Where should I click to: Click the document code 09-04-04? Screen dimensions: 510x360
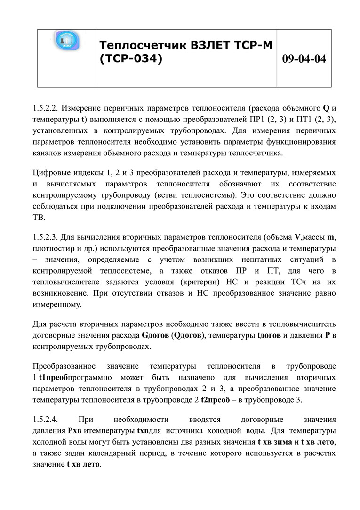click(304, 59)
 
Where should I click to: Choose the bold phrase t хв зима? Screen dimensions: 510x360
click(274, 442)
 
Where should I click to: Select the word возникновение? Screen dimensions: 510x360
click(60, 293)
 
